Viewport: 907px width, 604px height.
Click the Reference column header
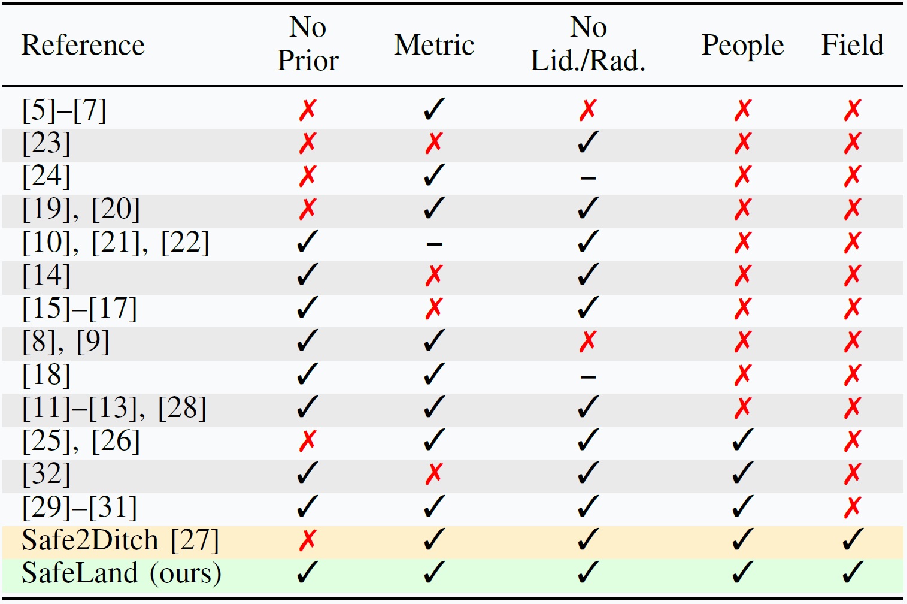pos(83,46)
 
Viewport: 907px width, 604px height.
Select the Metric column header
pos(434,46)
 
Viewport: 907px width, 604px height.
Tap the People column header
pos(742,46)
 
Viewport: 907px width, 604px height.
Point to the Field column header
pos(853,46)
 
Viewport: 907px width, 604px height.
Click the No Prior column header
pos(308,44)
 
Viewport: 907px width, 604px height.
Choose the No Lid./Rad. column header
pos(588,44)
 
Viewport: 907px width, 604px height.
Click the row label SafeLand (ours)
pos(122,573)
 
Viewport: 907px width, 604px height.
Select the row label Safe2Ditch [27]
pos(120,540)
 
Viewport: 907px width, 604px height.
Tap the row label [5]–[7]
pos(64,110)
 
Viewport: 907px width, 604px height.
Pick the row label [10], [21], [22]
pos(116,243)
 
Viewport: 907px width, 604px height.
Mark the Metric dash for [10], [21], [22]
pos(434,244)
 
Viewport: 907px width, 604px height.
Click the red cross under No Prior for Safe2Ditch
pos(308,540)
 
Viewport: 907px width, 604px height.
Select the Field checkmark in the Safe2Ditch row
pos(853,540)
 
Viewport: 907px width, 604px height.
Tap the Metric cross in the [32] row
pos(434,474)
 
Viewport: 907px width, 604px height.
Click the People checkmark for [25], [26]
pos(742,441)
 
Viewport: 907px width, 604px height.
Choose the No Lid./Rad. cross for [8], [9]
pos(588,342)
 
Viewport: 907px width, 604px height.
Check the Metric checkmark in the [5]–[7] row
pos(434,110)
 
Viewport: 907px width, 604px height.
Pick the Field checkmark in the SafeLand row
pos(853,573)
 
